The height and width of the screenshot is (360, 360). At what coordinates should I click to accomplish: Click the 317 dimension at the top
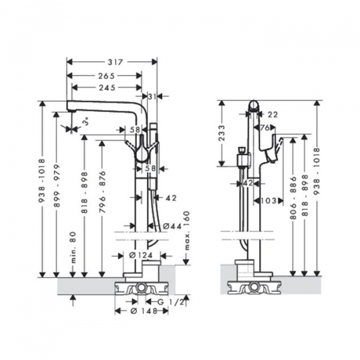(111, 61)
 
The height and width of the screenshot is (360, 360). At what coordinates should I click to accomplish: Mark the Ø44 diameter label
(172, 226)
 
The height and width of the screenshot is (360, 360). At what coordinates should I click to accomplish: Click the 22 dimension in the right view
(273, 114)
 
